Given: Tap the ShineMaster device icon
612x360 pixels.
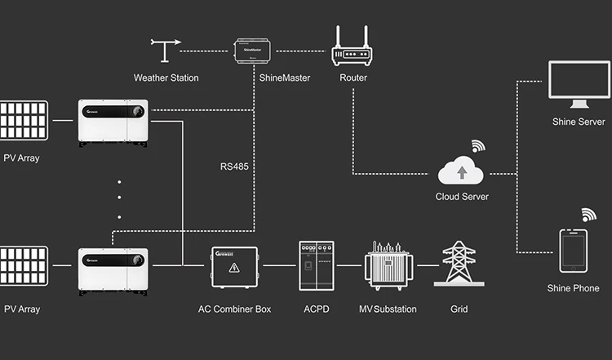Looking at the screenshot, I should [253, 50].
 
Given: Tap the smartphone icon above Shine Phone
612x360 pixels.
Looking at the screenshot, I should [574, 251].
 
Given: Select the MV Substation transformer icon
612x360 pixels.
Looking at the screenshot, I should [388, 264].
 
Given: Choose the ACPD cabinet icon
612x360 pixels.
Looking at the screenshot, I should [317, 265].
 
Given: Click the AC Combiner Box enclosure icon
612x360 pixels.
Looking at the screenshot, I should [234, 267].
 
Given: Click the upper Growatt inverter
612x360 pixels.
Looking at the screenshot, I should [113, 122].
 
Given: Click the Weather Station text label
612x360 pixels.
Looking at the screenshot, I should [166, 78].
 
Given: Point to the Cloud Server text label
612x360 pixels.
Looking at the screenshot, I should [463, 197].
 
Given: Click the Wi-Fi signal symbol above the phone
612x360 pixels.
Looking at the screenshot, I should [588, 216].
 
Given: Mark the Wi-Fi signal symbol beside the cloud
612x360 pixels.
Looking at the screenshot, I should [477, 147].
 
